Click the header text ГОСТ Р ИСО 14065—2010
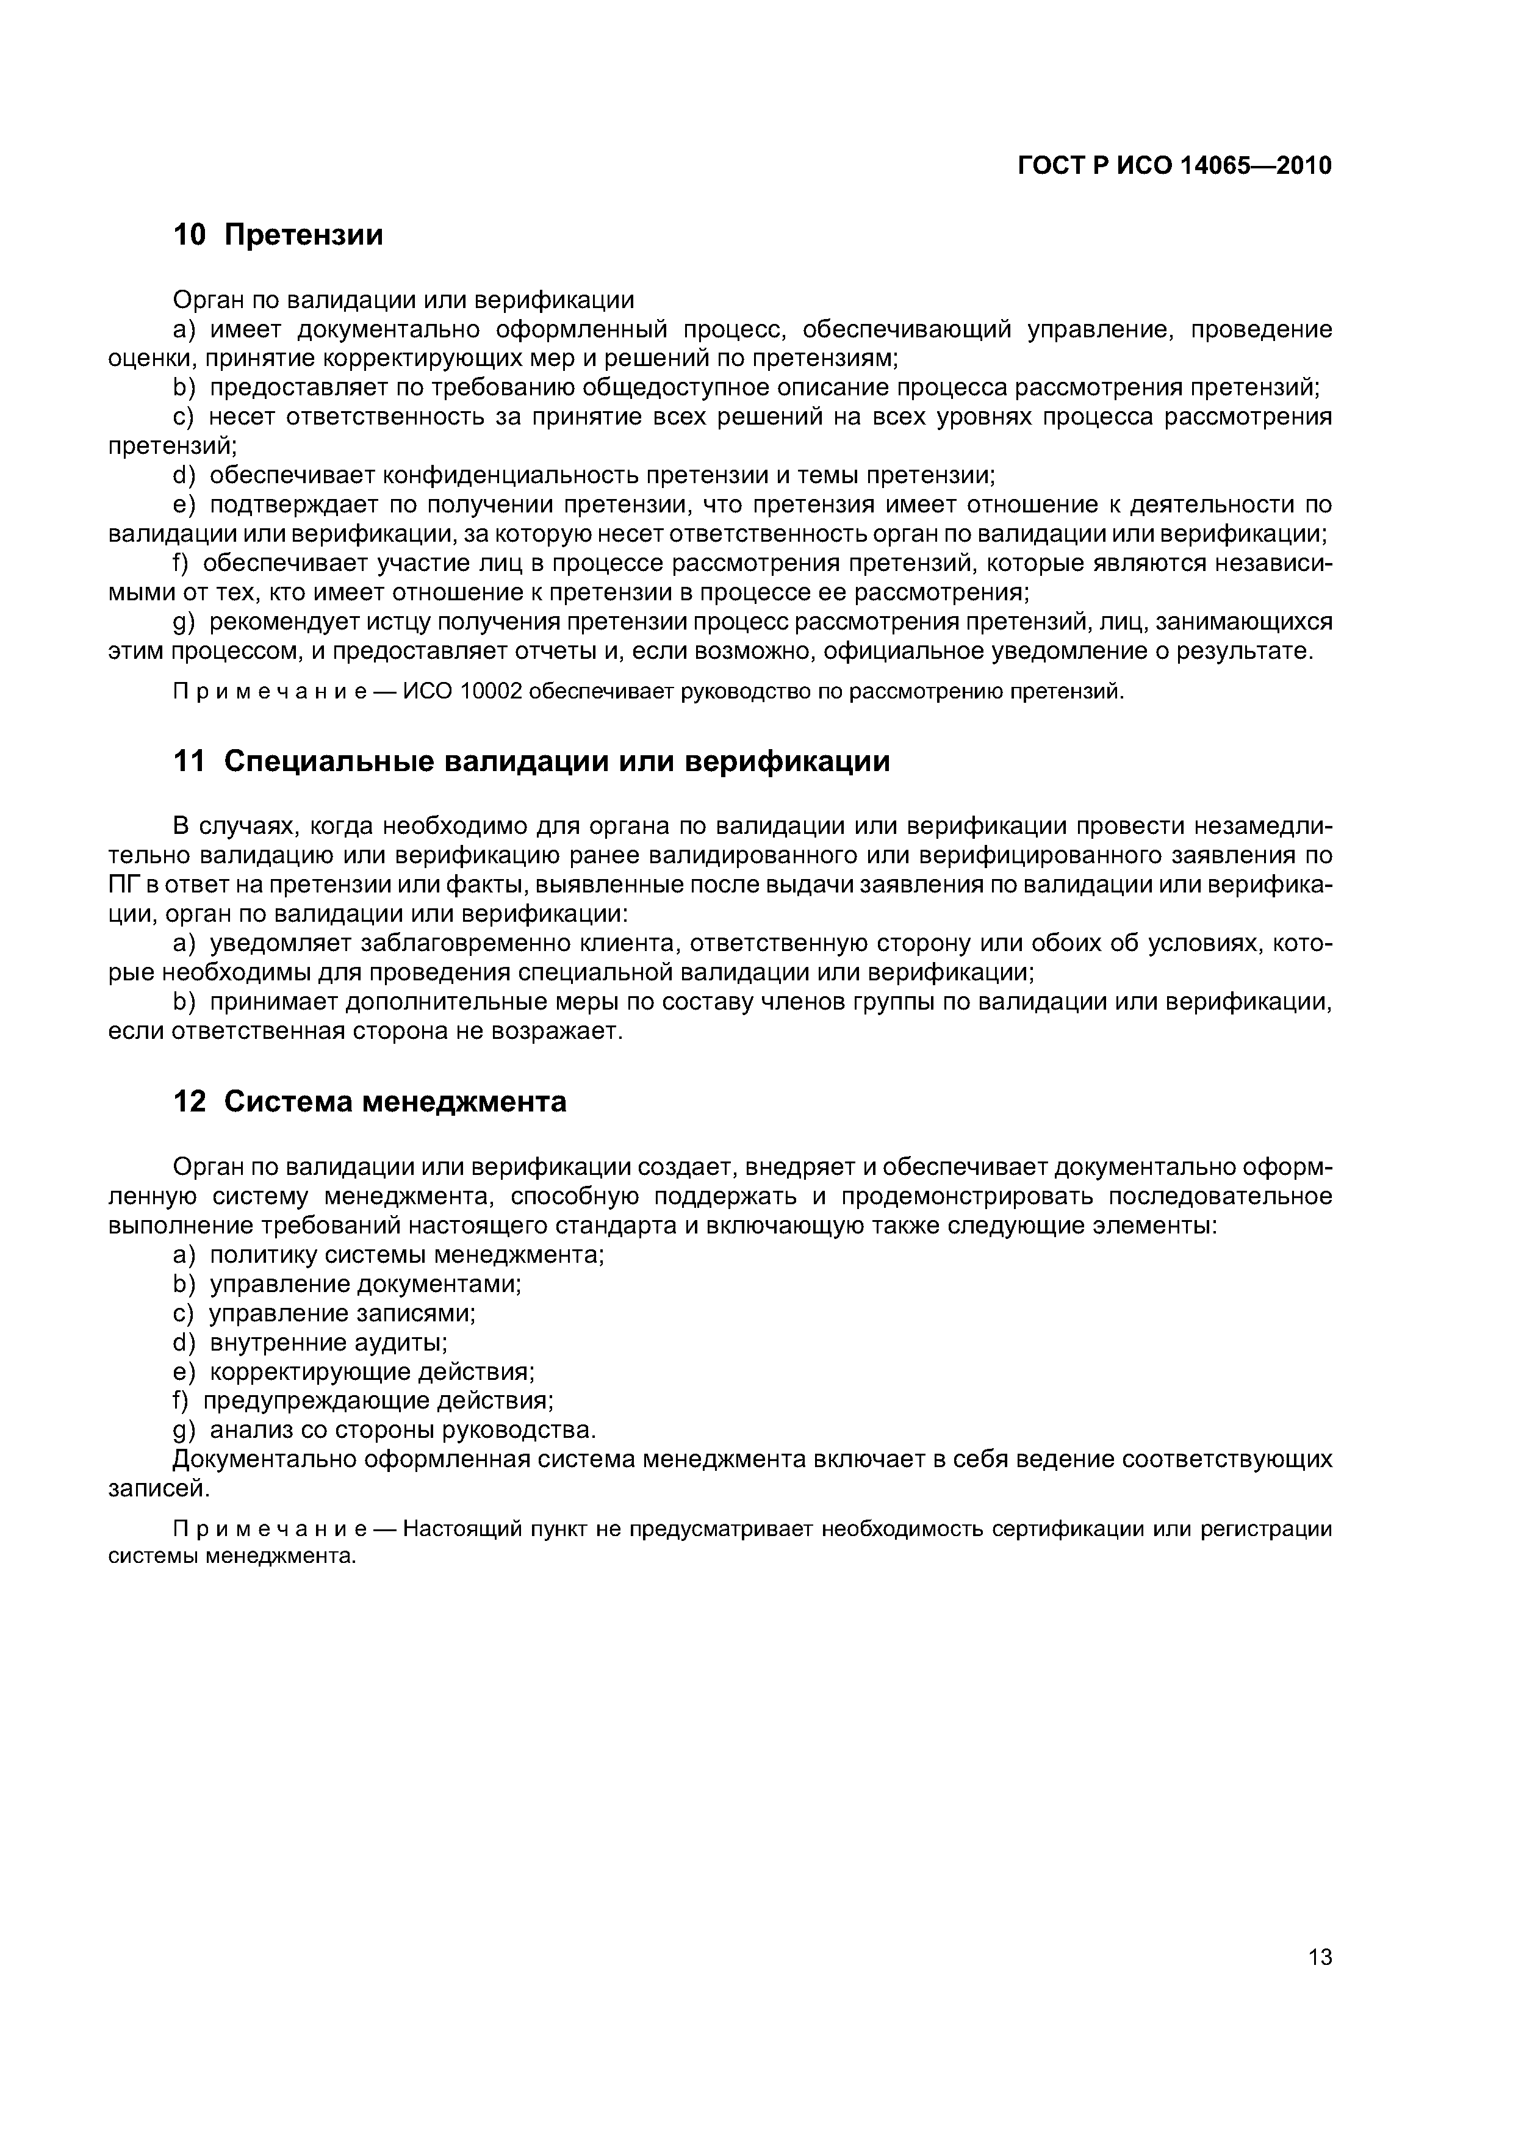(1174, 166)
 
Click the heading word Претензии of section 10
(304, 235)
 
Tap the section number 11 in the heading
(189, 761)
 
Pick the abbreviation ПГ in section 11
(124, 885)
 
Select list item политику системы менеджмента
(406, 1255)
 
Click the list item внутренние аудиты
(328, 1342)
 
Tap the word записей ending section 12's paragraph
(159, 1488)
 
